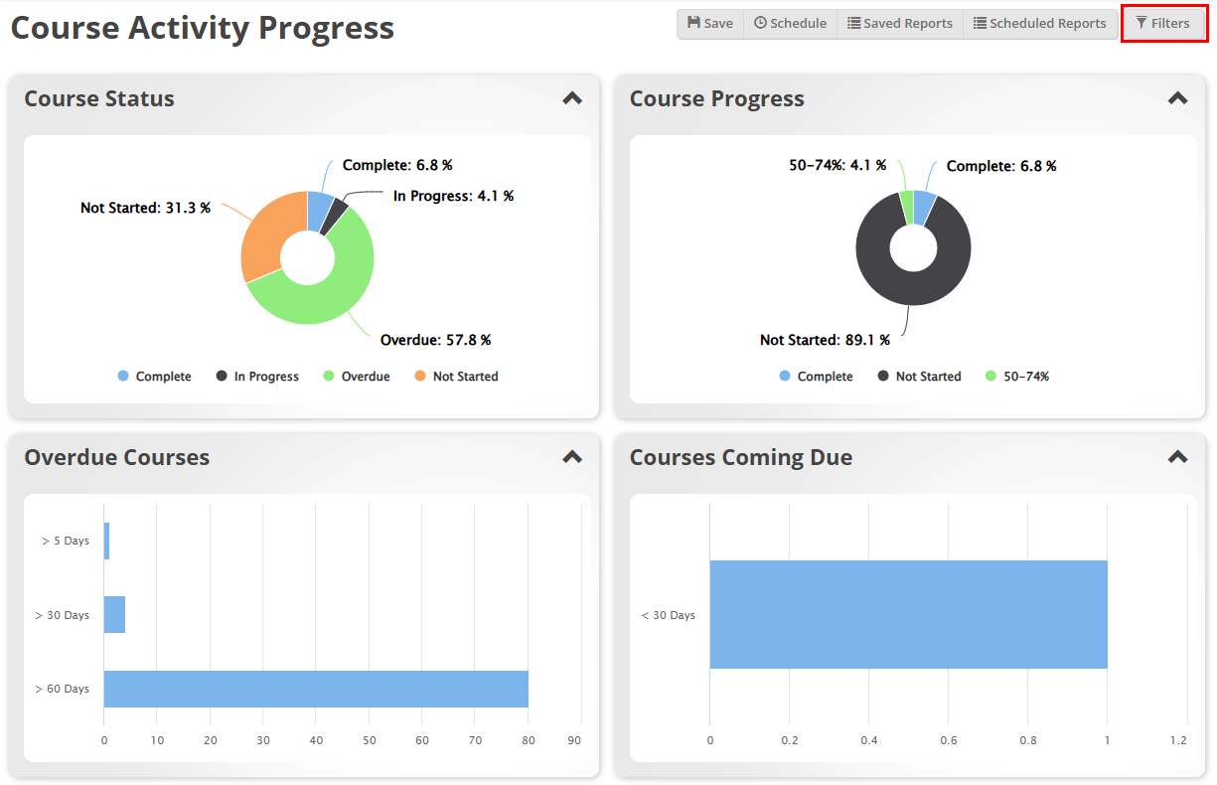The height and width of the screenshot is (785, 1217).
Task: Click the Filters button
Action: (1163, 23)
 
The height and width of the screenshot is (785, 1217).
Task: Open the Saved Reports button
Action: (900, 23)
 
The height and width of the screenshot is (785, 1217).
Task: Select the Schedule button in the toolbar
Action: (790, 23)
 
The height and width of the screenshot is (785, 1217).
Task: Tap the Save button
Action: (710, 23)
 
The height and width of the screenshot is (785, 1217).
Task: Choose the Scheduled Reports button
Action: (1039, 23)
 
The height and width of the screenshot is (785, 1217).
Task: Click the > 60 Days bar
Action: (316, 689)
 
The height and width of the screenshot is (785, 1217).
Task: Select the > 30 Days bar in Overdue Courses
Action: (114, 615)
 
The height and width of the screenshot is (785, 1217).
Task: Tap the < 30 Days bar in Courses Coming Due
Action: (908, 614)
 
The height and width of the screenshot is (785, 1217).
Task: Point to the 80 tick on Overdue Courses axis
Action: (528, 740)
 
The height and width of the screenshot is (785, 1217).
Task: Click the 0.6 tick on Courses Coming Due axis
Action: (949, 740)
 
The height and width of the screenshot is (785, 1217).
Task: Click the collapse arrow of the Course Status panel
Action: (572, 98)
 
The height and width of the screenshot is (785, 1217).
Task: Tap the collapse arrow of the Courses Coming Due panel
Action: (1177, 457)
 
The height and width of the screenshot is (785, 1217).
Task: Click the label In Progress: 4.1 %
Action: (453, 197)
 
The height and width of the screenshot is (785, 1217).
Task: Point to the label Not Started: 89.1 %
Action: (825, 340)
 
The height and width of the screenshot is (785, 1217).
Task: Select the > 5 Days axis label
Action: (66, 541)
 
